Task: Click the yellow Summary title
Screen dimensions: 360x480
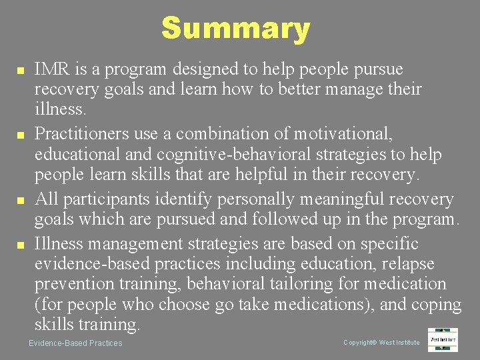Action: click(x=235, y=29)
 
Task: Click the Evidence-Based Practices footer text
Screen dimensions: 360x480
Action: click(x=75, y=343)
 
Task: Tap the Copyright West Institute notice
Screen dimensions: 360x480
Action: click(x=381, y=343)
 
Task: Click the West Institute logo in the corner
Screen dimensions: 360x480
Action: click(x=443, y=339)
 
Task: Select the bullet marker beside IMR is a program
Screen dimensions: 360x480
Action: click(x=21, y=70)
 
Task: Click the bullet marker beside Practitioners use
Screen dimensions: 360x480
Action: click(x=21, y=135)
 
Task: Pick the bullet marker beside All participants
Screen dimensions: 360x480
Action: click(x=21, y=200)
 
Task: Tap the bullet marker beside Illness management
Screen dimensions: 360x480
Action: click(x=21, y=245)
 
